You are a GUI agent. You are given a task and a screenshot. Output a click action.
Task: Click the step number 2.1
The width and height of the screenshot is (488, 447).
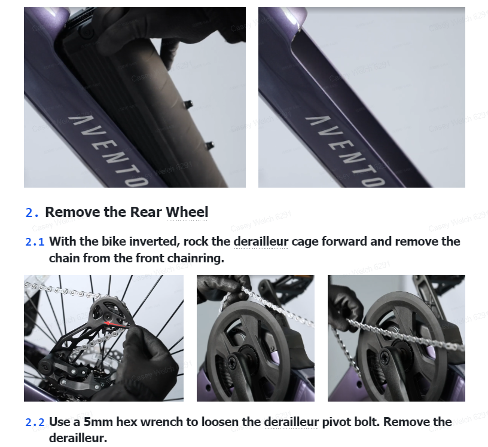pyautogui.click(x=35, y=242)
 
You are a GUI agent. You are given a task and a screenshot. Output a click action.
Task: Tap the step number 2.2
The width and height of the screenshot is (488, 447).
pyautogui.click(x=35, y=422)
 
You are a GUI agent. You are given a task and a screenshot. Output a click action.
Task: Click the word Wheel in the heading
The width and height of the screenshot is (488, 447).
pyautogui.click(x=187, y=212)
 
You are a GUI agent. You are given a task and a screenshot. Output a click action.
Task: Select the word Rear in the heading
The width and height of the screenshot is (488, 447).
pyautogui.click(x=146, y=212)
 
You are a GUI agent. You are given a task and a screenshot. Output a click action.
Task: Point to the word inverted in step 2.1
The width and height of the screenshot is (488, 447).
pyautogui.click(x=154, y=241)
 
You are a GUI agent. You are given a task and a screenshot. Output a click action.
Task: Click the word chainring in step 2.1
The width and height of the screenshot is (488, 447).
pyautogui.click(x=194, y=258)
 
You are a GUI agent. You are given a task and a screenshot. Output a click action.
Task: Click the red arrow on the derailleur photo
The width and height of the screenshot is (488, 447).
pyautogui.click(x=117, y=324)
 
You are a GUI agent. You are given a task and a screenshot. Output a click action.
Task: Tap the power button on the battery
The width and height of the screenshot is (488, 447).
pyautogui.click(x=86, y=32)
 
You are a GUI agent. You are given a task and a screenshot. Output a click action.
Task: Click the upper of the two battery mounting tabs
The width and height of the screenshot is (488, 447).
pyautogui.click(x=188, y=104)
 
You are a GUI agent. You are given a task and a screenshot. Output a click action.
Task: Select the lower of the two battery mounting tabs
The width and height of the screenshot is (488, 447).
pyautogui.click(x=209, y=145)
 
